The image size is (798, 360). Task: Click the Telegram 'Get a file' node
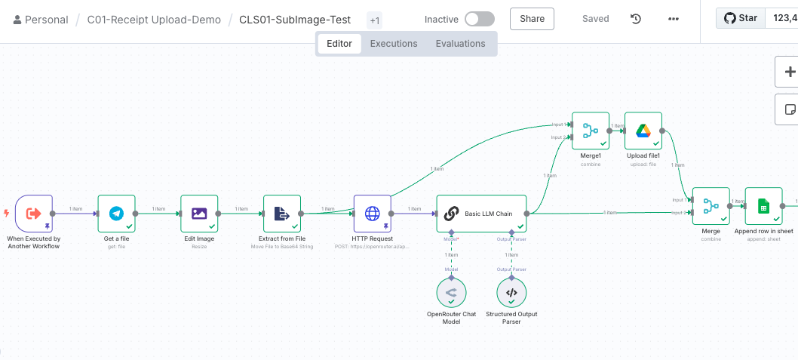(x=116, y=214)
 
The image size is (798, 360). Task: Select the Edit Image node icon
(x=199, y=214)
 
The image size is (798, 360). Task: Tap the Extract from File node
(x=282, y=214)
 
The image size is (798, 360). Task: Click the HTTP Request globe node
(x=373, y=214)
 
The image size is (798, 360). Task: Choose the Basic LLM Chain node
(x=481, y=214)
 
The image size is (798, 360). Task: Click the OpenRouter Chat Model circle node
(x=451, y=293)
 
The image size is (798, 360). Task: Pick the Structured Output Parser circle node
(x=511, y=293)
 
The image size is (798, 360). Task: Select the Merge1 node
(x=591, y=131)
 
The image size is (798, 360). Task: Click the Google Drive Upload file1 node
(x=643, y=131)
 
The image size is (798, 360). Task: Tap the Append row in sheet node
(x=763, y=206)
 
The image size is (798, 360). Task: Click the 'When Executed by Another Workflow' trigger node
(x=34, y=214)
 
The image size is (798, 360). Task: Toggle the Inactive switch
(x=480, y=19)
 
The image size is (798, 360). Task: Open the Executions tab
(x=394, y=44)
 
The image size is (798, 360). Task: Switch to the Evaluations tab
(x=460, y=44)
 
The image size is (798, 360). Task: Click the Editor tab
(x=339, y=44)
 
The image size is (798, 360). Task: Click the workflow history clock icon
(x=636, y=19)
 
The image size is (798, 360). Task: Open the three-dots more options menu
(x=674, y=19)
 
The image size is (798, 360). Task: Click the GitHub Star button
(x=741, y=19)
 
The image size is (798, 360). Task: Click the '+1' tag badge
(x=375, y=20)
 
